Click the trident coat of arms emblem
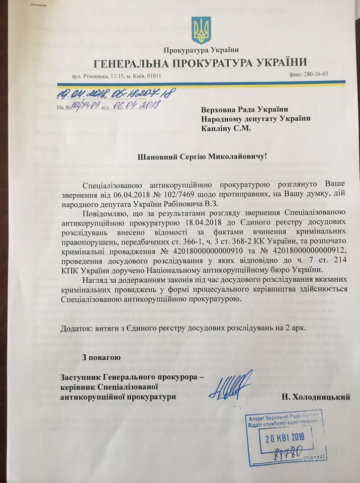pyautogui.click(x=201, y=31)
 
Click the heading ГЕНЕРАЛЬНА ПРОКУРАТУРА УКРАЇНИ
pyautogui.click(x=201, y=62)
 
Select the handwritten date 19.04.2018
pyautogui.click(x=77, y=94)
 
